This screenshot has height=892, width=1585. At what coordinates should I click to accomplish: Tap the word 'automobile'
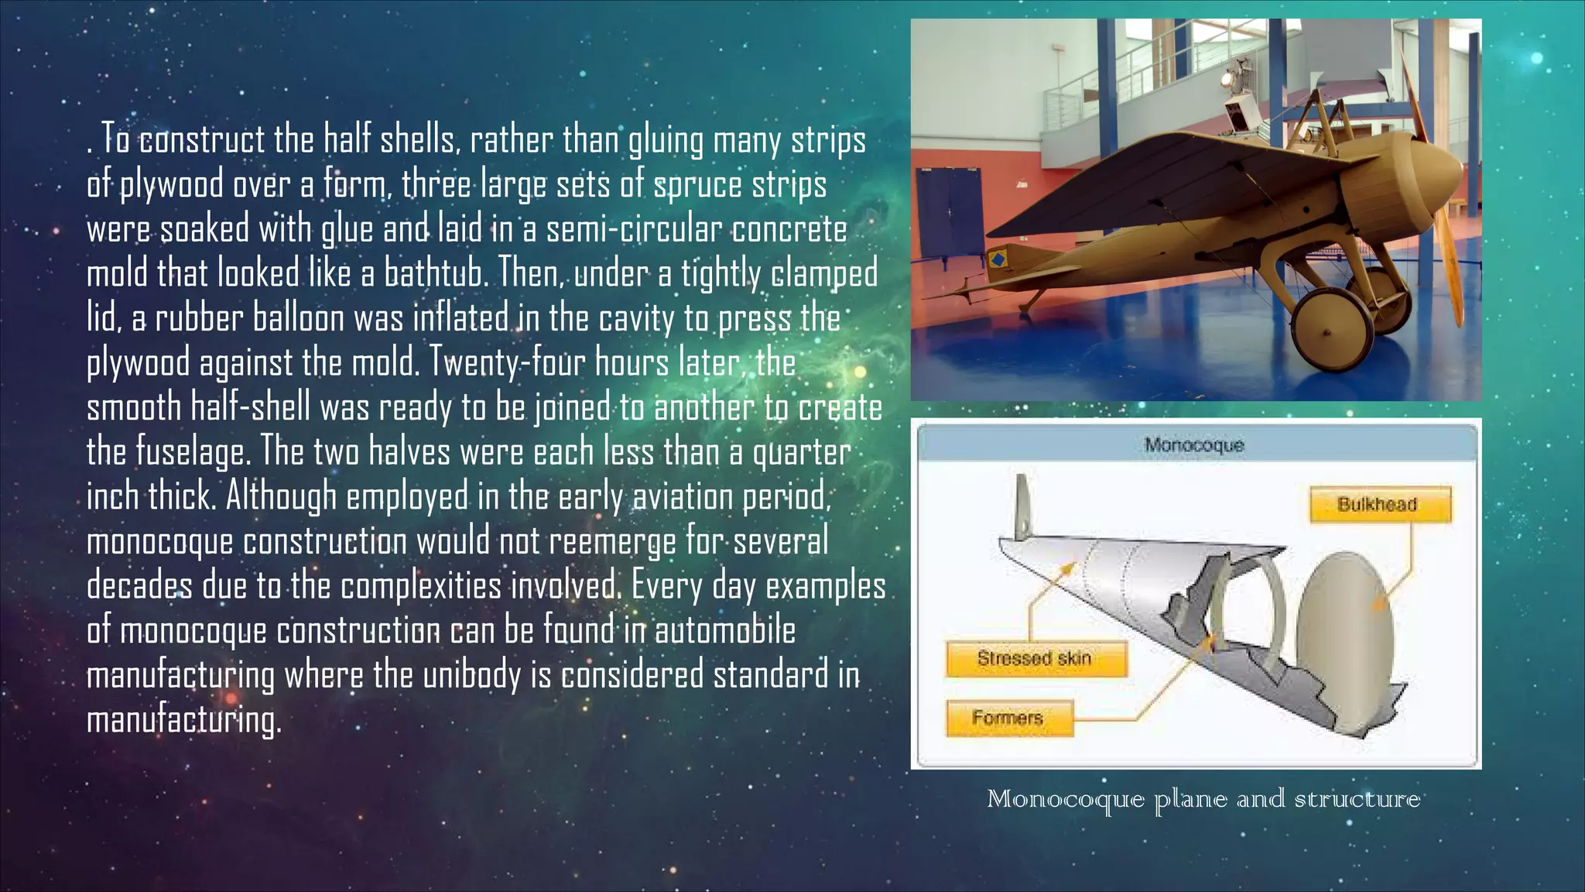(x=725, y=630)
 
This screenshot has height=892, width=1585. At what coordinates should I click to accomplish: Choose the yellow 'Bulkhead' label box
(x=1380, y=505)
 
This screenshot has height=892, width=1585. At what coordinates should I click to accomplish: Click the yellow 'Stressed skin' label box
(x=1036, y=659)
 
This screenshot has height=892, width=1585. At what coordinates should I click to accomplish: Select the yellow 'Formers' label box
(x=1008, y=719)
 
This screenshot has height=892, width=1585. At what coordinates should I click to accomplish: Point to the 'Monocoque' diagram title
(x=1194, y=445)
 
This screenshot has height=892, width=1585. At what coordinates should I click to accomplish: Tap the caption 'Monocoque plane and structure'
(x=1203, y=799)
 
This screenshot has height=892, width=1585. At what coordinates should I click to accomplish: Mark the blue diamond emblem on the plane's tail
(x=998, y=259)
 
